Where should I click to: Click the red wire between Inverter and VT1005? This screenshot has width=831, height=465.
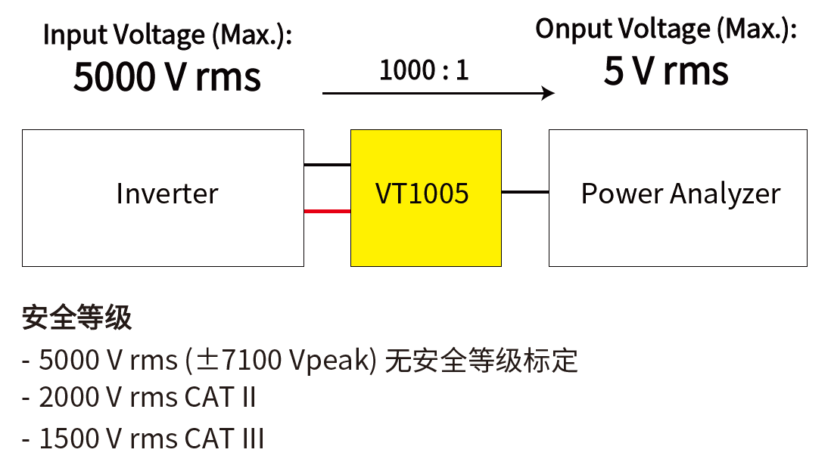coord(327,211)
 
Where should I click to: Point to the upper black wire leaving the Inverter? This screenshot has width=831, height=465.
coord(327,164)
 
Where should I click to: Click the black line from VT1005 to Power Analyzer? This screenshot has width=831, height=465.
coord(524,192)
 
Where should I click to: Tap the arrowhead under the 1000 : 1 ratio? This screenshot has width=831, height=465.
coord(549,93)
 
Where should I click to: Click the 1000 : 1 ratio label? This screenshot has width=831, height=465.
coord(424,71)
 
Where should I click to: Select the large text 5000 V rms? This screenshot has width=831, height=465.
coord(167,76)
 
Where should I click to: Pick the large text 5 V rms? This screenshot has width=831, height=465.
coord(666,72)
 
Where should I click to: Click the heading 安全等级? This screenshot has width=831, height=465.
coord(76,318)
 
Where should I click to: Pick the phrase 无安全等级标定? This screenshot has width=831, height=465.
coord(481,361)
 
